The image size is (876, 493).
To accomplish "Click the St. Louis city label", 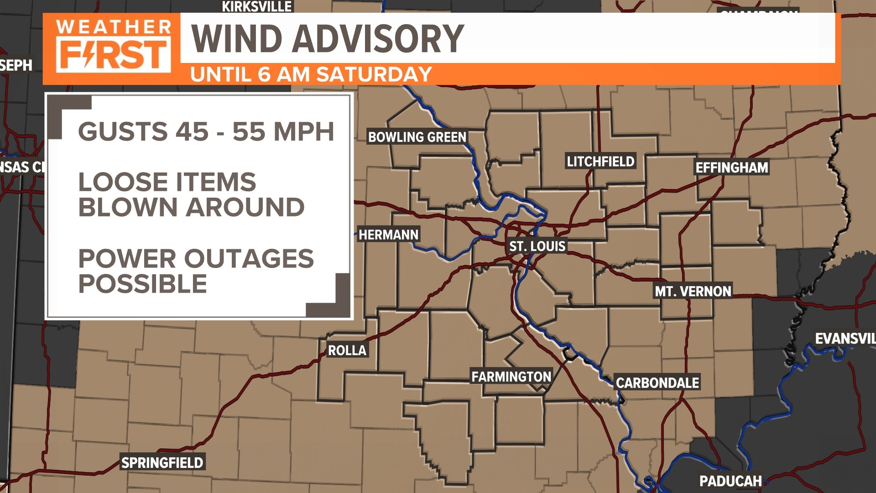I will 537,246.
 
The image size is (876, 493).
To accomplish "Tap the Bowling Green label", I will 417,137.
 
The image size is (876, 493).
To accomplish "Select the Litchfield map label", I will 600,161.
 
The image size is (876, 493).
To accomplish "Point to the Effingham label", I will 731,168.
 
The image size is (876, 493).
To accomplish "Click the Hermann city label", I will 388,235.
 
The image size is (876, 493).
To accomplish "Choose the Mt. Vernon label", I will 693,291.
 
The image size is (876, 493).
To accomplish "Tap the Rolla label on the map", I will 347,350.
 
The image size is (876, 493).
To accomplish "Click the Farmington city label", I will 511,377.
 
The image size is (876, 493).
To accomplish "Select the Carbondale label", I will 657,383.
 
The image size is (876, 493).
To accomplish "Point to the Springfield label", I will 162,462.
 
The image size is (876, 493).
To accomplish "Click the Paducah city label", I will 730,481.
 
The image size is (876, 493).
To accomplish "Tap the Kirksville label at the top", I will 256,6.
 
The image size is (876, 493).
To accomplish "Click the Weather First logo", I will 112,47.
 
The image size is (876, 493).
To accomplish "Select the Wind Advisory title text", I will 327,39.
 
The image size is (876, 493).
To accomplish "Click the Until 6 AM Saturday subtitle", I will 311,74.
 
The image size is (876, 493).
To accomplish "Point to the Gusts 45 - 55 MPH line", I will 206,131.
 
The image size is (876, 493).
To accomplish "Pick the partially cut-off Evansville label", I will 845,338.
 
